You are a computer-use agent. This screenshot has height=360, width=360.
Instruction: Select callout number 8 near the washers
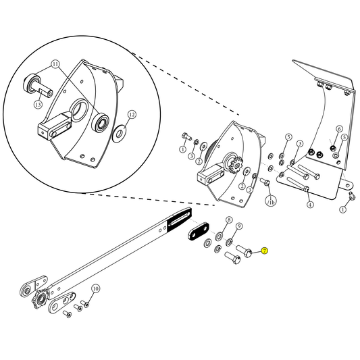click(229, 221)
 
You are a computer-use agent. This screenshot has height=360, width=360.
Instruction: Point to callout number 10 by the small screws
click(95, 288)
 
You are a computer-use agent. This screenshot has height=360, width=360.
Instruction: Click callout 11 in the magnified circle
click(55, 66)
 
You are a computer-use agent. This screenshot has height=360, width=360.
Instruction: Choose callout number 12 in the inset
click(132, 115)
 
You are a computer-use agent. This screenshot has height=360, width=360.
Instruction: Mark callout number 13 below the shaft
click(38, 105)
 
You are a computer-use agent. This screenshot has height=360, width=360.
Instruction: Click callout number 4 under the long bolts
click(310, 204)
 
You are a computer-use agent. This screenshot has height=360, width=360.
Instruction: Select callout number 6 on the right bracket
click(340, 129)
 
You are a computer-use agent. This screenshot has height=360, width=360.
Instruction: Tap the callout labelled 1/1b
click(270, 201)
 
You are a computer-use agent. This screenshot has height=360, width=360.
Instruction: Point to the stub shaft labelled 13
click(46, 88)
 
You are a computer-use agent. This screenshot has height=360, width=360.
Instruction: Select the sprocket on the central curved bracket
click(236, 165)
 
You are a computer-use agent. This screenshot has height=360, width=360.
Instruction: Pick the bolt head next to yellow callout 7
click(247, 251)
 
